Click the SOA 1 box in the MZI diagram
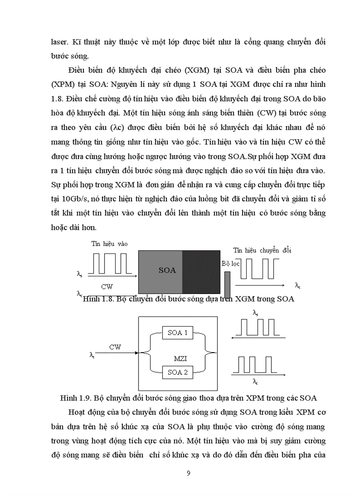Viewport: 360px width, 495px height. pos(178,333)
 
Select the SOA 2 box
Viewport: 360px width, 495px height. pos(178,372)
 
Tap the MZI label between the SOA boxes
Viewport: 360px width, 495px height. pos(178,353)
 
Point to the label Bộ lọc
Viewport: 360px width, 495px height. pos(229,264)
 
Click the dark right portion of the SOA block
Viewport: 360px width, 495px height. pos(201,271)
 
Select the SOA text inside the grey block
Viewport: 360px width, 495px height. pos(167,270)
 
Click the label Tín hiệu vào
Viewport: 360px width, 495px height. pos(109,244)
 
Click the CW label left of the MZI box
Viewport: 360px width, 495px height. pos(116,347)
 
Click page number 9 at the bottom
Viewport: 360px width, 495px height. pos(188,474)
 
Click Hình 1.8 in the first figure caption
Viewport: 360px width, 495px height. pos(96,299)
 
